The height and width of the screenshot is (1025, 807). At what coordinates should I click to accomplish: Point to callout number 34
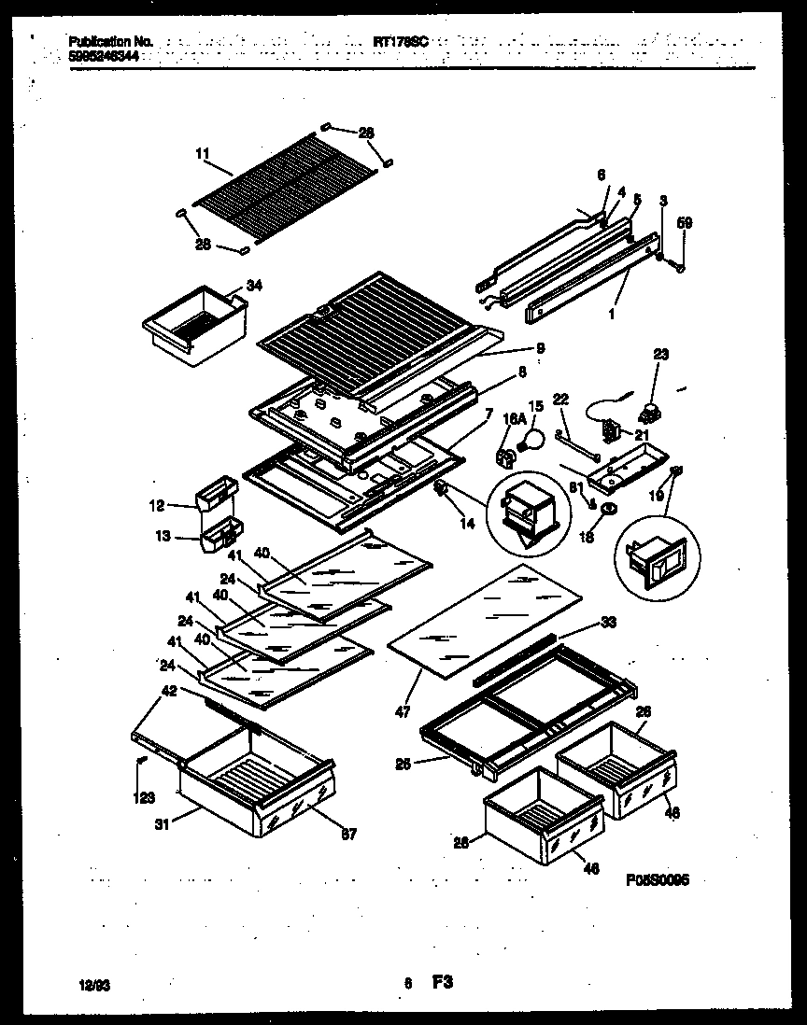tap(254, 286)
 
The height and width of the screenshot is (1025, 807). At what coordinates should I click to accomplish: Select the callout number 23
tap(662, 354)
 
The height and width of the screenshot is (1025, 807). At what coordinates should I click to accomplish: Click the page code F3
tap(442, 982)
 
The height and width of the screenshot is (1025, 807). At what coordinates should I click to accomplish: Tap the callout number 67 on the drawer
tap(347, 833)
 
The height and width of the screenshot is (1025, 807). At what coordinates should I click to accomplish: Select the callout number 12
tap(156, 506)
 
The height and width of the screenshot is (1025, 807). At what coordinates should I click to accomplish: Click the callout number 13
tap(163, 537)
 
